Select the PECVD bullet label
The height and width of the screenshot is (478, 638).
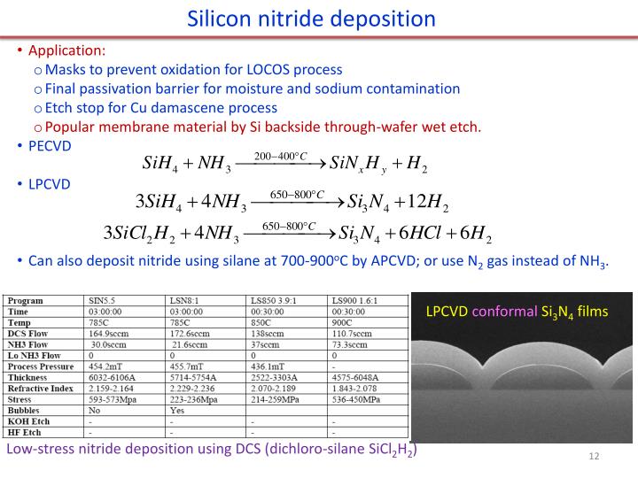click(49, 145)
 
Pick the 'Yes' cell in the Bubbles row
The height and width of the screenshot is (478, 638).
click(176, 411)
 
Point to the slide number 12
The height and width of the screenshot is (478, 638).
click(594, 456)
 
